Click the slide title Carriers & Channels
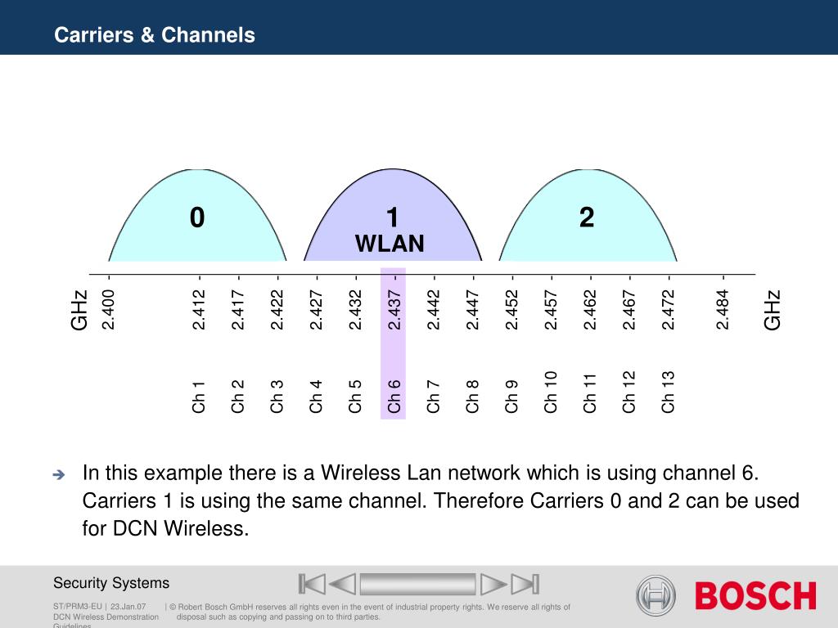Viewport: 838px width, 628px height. click(155, 34)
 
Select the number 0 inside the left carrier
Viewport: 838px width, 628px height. click(197, 218)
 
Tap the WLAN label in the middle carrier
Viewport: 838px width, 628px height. click(390, 244)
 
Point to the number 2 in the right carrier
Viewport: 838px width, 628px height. click(587, 218)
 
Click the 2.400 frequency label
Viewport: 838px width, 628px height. click(109, 310)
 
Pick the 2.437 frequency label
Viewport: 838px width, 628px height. click(394, 310)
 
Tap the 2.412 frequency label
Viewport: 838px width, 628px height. click(199, 310)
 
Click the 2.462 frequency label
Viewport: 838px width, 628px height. click(589, 310)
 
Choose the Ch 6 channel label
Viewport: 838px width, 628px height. click(394, 397)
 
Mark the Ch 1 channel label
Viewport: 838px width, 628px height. click(198, 397)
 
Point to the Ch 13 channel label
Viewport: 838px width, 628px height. click(668, 392)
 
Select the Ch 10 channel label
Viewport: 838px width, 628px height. click(551, 392)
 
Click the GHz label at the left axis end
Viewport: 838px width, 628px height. click(79, 310)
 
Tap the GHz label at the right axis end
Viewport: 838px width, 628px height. click(773, 310)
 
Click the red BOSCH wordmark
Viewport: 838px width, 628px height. click(755, 595)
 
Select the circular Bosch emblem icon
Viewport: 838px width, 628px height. click(656, 595)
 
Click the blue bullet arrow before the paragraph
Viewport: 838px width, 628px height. click(59, 474)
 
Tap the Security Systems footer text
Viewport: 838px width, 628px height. click(111, 582)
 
